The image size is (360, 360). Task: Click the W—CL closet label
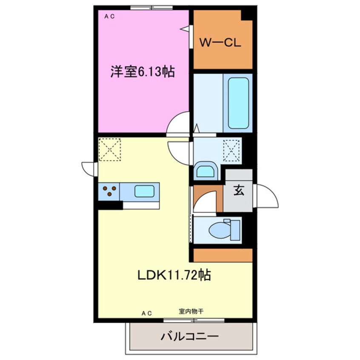[221, 43]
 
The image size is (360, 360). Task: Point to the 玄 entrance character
[239, 191]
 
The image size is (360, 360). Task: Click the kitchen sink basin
[144, 191]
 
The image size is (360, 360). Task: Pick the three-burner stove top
[109, 191]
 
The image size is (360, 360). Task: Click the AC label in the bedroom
[109, 17]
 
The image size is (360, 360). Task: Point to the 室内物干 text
[190, 311]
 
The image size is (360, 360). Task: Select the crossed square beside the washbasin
[232, 150]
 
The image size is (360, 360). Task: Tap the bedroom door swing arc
[179, 124]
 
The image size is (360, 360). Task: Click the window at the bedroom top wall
[151, 7]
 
